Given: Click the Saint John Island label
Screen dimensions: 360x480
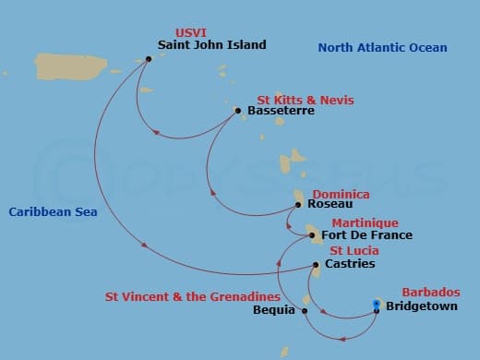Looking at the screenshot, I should pyautogui.click(x=211, y=44).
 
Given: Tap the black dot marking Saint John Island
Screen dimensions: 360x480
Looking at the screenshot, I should pyautogui.click(x=148, y=59).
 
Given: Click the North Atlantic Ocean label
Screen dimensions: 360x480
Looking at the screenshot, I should pyautogui.click(x=382, y=48).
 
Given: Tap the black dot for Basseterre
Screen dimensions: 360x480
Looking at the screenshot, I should pyautogui.click(x=238, y=111).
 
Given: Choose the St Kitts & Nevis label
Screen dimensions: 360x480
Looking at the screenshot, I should pyautogui.click(x=304, y=99).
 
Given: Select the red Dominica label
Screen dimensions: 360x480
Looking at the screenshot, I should pyautogui.click(x=341, y=194).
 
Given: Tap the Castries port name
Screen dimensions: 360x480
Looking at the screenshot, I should pyautogui.click(x=350, y=264).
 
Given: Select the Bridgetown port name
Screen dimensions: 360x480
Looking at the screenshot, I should pyautogui.click(x=421, y=306).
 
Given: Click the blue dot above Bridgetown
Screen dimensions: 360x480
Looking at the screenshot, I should pyautogui.click(x=377, y=304).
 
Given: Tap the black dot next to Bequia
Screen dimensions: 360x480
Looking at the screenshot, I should pyautogui.click(x=305, y=310).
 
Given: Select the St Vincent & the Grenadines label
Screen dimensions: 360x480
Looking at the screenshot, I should pyautogui.click(x=192, y=296).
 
